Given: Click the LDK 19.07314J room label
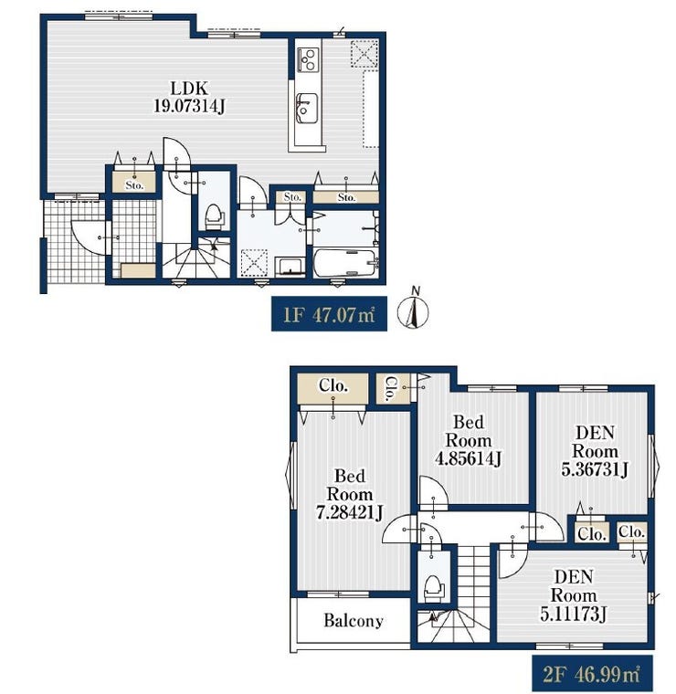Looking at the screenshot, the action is pos(189,97).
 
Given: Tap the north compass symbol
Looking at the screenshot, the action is pos(413,310).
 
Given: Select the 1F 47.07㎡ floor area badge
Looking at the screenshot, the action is pos(329,314).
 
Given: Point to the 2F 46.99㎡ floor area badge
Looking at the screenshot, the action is pos(592,673).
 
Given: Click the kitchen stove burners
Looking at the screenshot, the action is pos(307,59).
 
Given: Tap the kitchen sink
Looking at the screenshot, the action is pos(306,109).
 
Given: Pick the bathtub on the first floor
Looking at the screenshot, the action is pos(345,263).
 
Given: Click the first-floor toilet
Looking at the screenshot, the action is pos(215,217).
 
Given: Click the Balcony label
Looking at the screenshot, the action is pos(354,621).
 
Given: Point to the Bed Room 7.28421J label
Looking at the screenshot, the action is pos(349,494).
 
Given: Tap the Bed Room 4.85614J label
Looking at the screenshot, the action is pos(468,440).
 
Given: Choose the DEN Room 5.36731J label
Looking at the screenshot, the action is pos(595,451).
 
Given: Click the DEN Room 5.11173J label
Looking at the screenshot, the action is pos(574,595).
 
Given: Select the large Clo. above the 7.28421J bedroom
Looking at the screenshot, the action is pos(333,386).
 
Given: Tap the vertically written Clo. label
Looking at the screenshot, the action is pos(391,389).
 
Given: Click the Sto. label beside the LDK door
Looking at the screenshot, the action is pos(134,185).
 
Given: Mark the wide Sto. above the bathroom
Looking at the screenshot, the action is pos(346,197).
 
